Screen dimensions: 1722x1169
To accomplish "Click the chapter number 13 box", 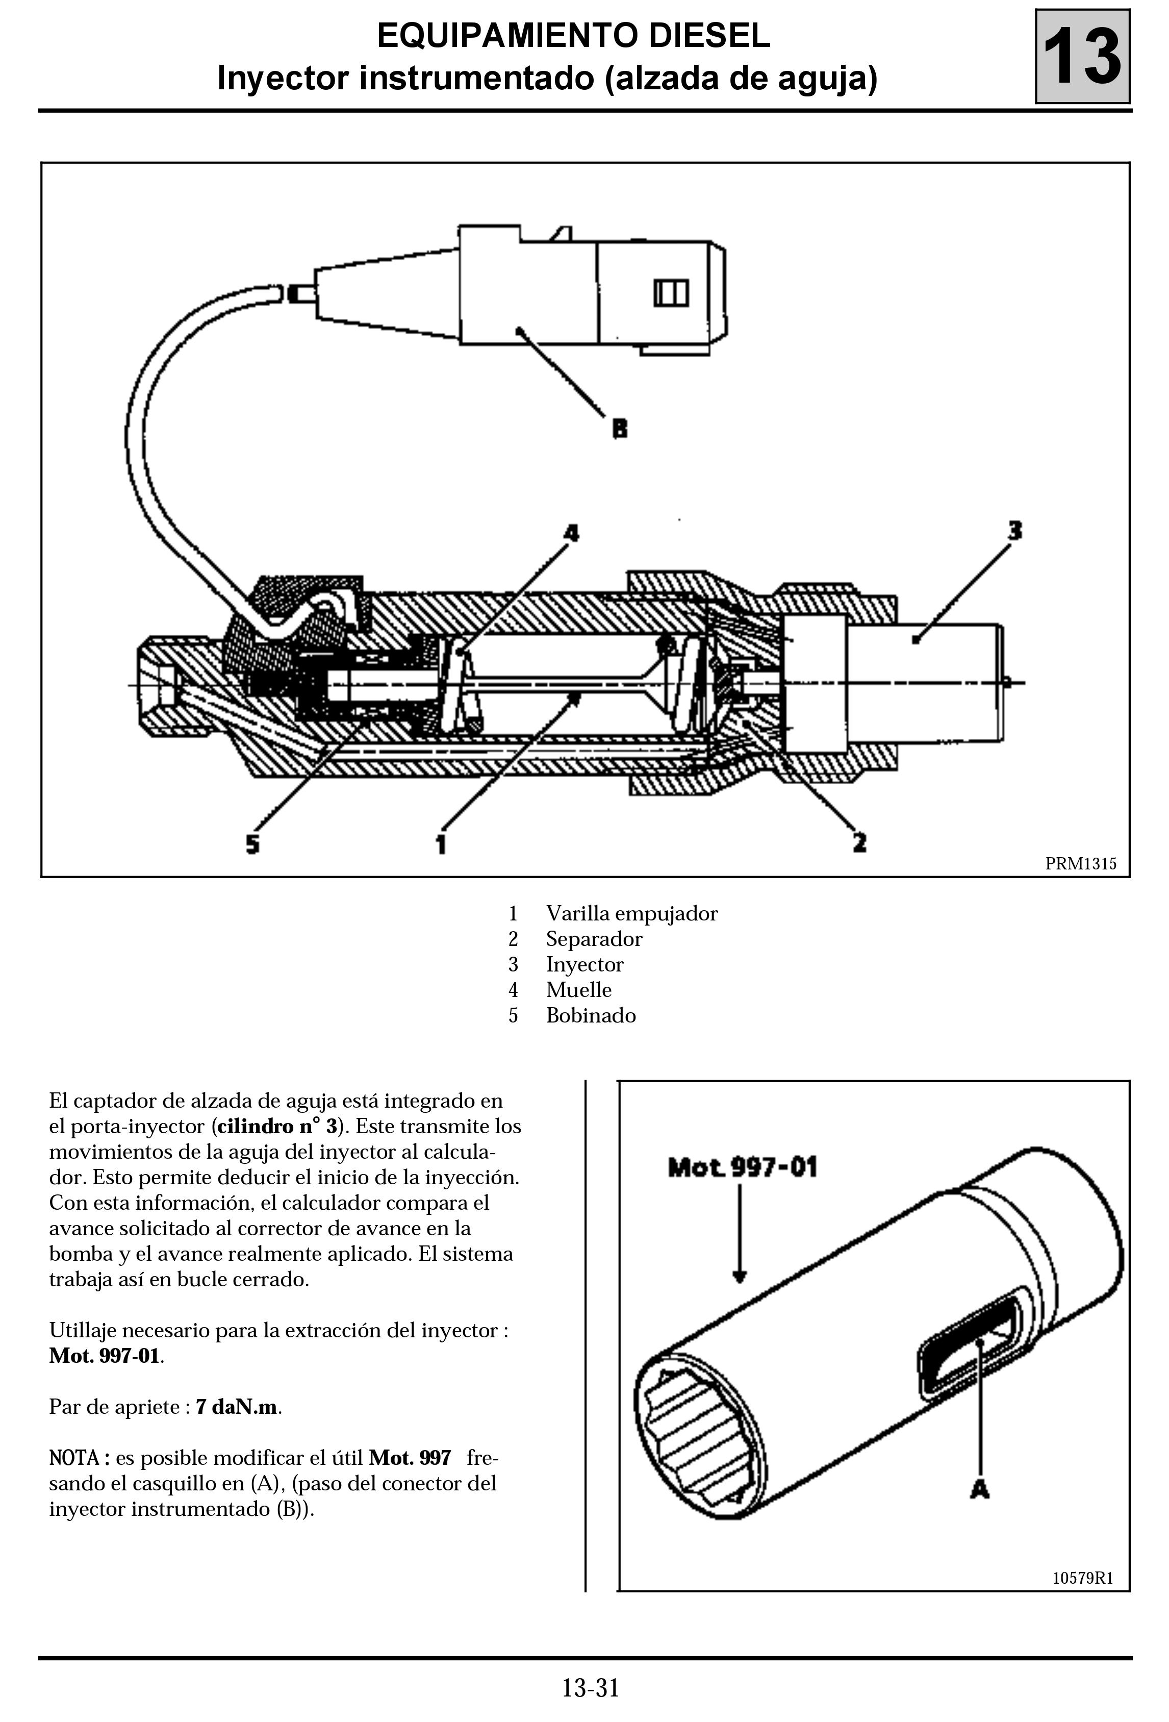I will click(x=1082, y=56).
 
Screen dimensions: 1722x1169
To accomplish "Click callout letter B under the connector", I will click(x=619, y=428).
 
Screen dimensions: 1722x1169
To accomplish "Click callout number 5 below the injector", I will click(x=252, y=844).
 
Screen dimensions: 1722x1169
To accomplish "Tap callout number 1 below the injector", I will click(x=441, y=844).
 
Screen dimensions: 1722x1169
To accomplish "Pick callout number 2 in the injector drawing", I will click(x=859, y=842).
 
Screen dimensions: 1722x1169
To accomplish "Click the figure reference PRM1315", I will click(x=1080, y=863).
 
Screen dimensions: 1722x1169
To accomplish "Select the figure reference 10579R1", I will click(x=1082, y=1578).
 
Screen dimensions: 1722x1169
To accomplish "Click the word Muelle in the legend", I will click(x=578, y=990).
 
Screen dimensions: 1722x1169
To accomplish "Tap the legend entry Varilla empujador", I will click(x=631, y=914).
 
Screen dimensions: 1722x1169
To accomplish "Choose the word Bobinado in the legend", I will click(x=591, y=1015).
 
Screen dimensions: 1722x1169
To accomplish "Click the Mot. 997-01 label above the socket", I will click(x=742, y=1168).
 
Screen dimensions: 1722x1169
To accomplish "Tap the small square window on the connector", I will click(x=670, y=293).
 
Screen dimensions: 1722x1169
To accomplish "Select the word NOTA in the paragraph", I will click(x=74, y=1458).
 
